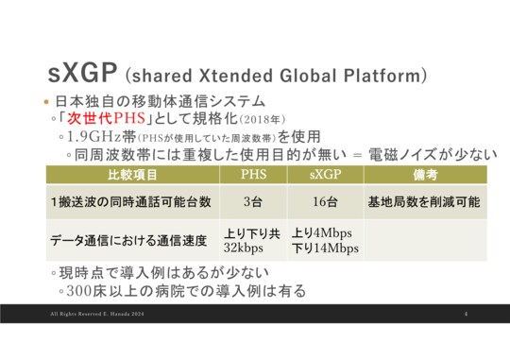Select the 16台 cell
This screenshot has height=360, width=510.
click(x=328, y=201)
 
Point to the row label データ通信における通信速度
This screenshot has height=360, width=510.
click(x=130, y=241)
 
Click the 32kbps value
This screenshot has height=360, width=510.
click(x=246, y=249)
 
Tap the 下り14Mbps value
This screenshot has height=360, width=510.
click(x=325, y=249)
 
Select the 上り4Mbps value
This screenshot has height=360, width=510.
click(x=321, y=232)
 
